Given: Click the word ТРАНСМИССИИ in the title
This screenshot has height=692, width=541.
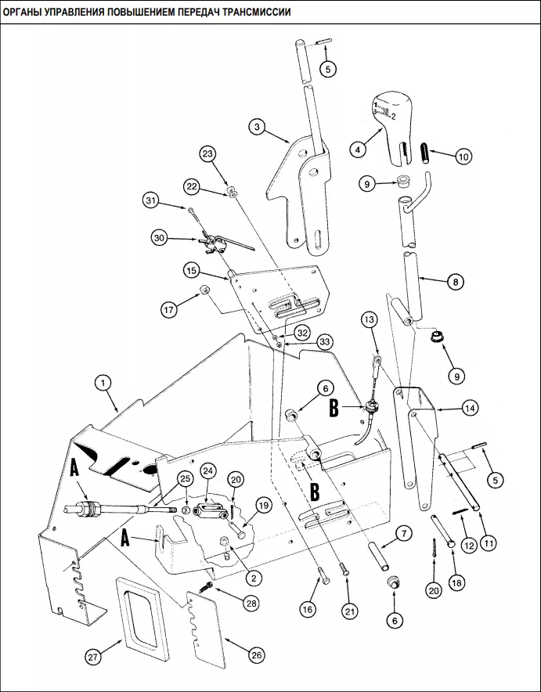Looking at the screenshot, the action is [256, 12].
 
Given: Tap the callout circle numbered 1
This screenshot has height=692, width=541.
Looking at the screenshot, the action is [103, 383].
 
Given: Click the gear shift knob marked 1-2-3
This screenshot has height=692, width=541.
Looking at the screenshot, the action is [392, 128].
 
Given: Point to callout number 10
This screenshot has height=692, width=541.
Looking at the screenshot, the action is [463, 157].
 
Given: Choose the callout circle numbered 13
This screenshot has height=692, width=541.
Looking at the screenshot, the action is [370, 319].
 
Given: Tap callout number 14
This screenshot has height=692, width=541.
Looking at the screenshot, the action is [470, 408].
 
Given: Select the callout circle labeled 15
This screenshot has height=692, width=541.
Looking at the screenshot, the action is [192, 271].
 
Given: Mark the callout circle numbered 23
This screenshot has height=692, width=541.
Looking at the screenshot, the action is [207, 154].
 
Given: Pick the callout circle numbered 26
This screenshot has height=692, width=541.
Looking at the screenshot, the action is [256, 655].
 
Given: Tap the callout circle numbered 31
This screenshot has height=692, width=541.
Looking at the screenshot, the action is [151, 201].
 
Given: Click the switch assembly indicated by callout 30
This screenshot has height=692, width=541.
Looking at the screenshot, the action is [214, 243].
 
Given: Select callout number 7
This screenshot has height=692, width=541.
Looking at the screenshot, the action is [403, 534].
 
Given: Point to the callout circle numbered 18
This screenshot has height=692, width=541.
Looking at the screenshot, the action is [456, 582].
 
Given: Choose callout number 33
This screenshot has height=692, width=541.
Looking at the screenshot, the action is [325, 342].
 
